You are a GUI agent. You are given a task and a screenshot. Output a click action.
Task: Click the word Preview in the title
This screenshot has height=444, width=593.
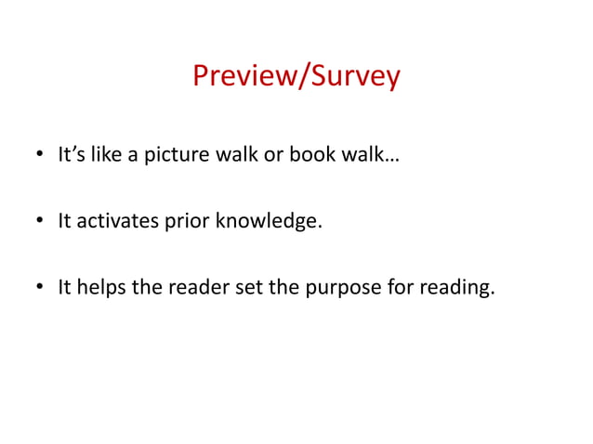(239, 76)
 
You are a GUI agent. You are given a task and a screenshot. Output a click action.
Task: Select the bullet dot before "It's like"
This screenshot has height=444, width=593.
(39, 156)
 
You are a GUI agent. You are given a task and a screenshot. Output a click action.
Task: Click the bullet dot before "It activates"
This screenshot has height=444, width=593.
(39, 222)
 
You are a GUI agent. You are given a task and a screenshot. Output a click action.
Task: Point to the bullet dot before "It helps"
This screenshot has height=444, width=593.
(39, 288)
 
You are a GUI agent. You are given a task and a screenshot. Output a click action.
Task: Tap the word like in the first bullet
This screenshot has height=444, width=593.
(107, 155)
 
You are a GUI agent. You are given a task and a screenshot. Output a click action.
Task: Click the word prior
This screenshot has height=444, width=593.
(186, 222)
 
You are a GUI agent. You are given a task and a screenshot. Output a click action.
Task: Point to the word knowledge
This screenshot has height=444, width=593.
(268, 222)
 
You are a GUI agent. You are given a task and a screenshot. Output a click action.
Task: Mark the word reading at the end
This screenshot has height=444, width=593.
(456, 289)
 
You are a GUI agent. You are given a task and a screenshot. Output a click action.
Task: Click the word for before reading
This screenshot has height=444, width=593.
(400, 288)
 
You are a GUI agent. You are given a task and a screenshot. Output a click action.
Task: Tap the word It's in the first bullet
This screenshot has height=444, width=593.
(72, 155)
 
